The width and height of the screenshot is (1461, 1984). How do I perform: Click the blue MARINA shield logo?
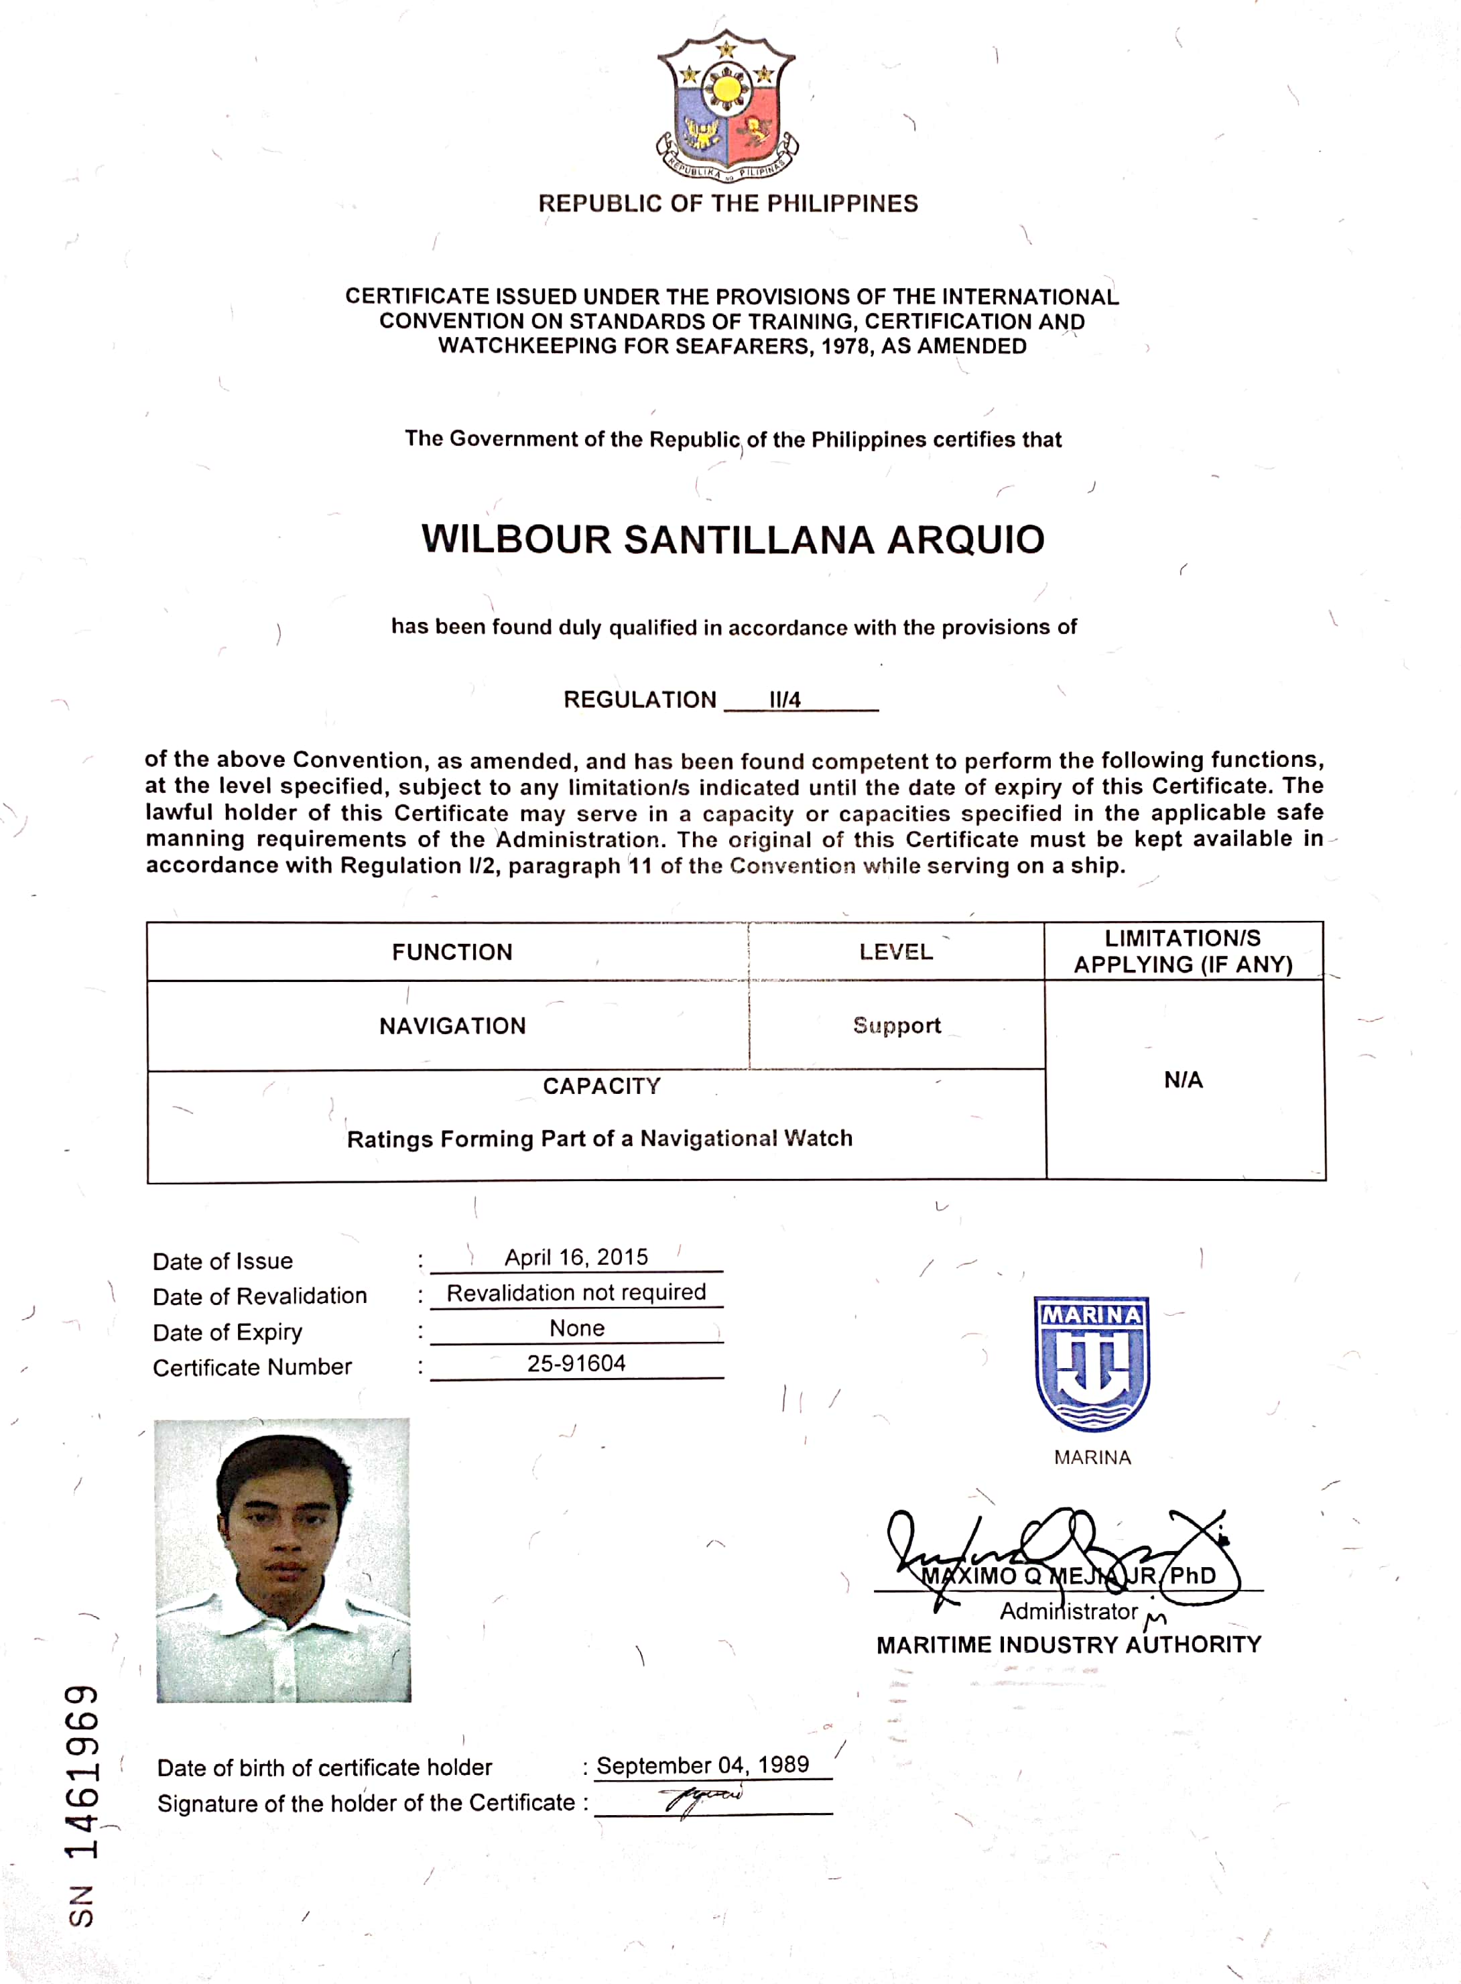point(1092,1363)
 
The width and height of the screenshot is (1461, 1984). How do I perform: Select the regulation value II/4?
point(784,700)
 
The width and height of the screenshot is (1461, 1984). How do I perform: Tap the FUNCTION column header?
point(452,952)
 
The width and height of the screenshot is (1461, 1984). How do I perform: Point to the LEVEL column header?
point(896,952)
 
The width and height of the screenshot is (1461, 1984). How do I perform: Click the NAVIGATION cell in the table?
point(452,1026)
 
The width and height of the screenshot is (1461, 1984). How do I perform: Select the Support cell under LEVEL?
point(897,1025)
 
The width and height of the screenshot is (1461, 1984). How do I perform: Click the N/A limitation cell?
point(1184,1079)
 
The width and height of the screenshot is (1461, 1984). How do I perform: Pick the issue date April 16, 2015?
point(576,1257)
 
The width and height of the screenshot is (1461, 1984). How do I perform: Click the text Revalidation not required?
point(576,1292)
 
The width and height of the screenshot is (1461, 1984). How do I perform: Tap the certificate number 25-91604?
point(576,1363)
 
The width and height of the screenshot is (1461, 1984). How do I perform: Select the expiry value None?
point(576,1328)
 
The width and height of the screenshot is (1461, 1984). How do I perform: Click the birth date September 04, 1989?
point(702,1765)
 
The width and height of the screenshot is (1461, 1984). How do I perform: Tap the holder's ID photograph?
point(283,1560)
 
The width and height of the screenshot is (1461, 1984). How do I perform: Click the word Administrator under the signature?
point(1068,1611)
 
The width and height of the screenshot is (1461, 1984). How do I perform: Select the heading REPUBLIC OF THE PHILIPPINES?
point(728,204)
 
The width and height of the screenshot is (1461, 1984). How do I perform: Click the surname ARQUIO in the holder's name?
point(966,540)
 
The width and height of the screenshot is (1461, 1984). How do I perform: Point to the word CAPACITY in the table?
point(601,1087)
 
